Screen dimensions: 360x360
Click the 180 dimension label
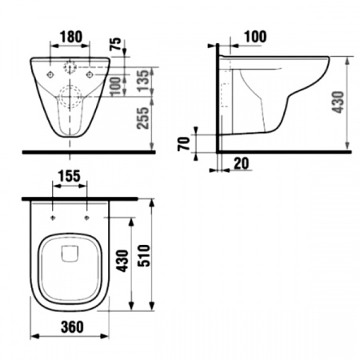(71, 37)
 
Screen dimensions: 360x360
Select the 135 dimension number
(142, 81)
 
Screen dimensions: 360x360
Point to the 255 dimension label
(142, 118)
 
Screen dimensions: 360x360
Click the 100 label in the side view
(255, 37)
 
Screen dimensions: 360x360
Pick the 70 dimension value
(184, 144)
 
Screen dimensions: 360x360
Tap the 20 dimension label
(242, 163)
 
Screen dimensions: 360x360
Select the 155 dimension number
(69, 176)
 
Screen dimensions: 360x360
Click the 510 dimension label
(144, 255)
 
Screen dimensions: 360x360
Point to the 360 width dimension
(72, 327)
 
